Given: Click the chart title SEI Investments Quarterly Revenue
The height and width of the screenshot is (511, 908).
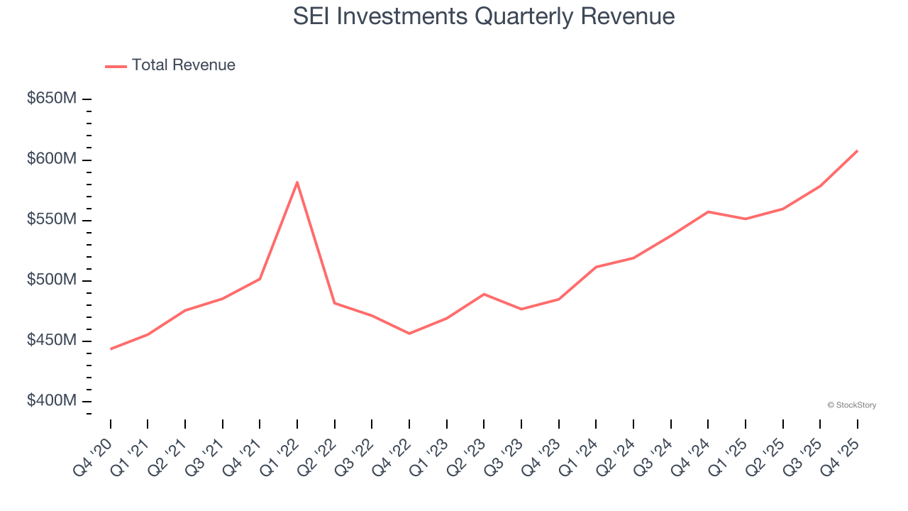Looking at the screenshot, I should click(x=484, y=16).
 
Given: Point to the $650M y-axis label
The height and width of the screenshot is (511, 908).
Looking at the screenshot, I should click(x=52, y=99).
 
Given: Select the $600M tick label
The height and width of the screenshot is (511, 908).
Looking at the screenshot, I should click(x=52, y=159).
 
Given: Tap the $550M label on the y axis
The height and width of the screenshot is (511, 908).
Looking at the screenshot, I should click(x=52, y=220).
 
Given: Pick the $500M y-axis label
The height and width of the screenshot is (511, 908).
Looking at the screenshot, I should click(x=52, y=280).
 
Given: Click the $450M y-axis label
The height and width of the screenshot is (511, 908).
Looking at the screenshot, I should click(x=52, y=341).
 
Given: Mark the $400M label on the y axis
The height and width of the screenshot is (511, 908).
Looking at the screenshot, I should click(x=52, y=401).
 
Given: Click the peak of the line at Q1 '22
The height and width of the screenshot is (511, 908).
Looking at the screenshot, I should click(x=297, y=182).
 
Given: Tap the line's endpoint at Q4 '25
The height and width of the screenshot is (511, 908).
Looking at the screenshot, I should click(x=857, y=151).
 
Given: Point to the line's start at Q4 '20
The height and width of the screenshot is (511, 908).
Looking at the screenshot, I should click(x=111, y=348).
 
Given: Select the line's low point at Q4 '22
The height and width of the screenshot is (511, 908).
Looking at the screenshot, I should click(x=409, y=334).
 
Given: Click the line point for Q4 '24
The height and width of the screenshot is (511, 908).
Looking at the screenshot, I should click(x=708, y=211).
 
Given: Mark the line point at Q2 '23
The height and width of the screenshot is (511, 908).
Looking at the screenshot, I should click(x=484, y=294).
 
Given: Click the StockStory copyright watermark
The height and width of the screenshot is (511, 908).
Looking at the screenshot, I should click(x=851, y=405).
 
